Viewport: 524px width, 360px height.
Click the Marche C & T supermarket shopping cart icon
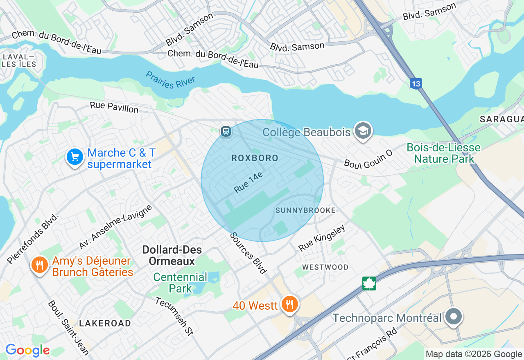point(75,157)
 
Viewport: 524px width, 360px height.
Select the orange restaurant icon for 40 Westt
point(289,304)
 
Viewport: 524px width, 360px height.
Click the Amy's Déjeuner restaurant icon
point(39,265)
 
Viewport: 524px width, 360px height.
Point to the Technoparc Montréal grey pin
point(453,317)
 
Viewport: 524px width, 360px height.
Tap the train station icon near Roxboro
point(226,131)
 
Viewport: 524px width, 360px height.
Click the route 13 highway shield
point(416,84)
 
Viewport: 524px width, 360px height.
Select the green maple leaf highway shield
point(369,283)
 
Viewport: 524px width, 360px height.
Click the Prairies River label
point(170,80)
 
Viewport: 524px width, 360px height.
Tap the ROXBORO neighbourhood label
point(255,158)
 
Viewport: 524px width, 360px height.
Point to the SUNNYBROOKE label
point(305,210)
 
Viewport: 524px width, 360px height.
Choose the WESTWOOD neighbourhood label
point(325,267)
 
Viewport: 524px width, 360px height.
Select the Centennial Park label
point(180,283)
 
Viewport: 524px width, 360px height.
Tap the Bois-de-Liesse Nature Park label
point(444,153)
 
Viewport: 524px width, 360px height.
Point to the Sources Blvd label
point(248,253)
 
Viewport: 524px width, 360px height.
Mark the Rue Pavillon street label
point(114,107)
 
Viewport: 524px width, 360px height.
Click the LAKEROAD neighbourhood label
point(105,323)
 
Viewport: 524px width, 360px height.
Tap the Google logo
point(27,351)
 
